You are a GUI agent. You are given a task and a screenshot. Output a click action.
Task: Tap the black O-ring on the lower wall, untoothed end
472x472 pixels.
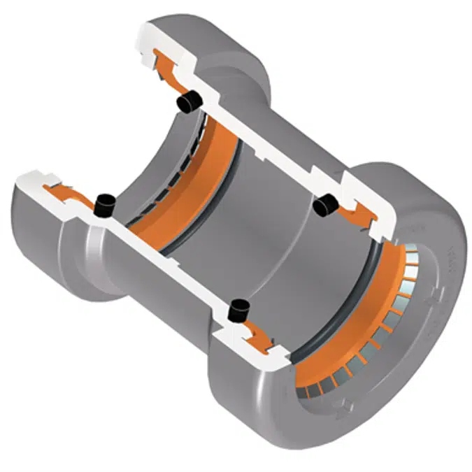[104, 204]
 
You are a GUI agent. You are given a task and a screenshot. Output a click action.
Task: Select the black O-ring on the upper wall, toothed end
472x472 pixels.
[326, 205]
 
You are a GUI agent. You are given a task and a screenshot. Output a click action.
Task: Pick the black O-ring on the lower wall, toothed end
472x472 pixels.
[241, 308]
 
